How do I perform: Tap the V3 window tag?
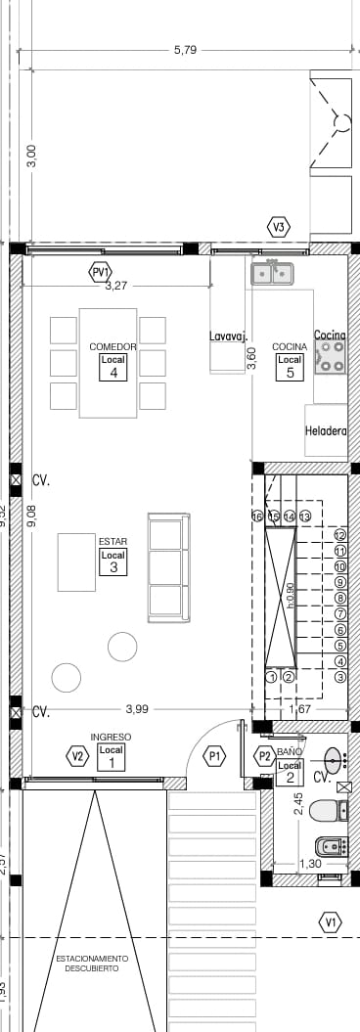click(280, 228)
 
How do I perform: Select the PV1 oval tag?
click(101, 271)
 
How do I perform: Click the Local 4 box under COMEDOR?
click(113, 367)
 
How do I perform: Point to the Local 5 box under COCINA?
click(290, 366)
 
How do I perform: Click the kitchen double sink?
click(274, 273)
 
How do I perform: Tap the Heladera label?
click(326, 429)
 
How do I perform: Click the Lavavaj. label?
click(226, 337)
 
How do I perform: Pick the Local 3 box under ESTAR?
click(113, 561)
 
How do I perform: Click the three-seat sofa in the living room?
click(165, 568)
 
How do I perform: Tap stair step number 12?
click(340, 535)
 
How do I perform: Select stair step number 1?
click(271, 676)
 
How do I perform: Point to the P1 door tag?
click(215, 755)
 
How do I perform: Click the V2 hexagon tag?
click(77, 755)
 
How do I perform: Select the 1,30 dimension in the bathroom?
click(309, 864)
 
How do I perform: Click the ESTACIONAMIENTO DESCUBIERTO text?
click(92, 963)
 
